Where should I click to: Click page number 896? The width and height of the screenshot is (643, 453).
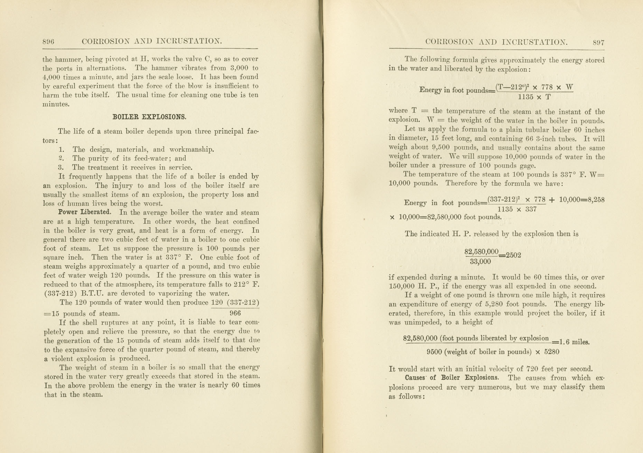coord(48,42)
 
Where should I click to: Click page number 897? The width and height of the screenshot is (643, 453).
coord(598,43)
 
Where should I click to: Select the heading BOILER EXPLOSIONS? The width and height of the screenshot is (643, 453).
coord(149,117)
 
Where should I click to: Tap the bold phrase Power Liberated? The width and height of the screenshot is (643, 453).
coord(84,212)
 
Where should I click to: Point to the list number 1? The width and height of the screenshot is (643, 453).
coord(62,149)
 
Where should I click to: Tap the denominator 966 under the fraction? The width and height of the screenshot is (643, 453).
coord(235,313)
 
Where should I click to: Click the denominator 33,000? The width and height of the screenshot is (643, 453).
coord(480,262)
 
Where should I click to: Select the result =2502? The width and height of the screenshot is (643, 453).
coord(510,255)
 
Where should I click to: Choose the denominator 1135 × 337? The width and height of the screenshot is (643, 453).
coord(517,209)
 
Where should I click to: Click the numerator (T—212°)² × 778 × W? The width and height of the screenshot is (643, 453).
coord(534,87)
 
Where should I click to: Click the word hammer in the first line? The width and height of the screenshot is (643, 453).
coord(67,59)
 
